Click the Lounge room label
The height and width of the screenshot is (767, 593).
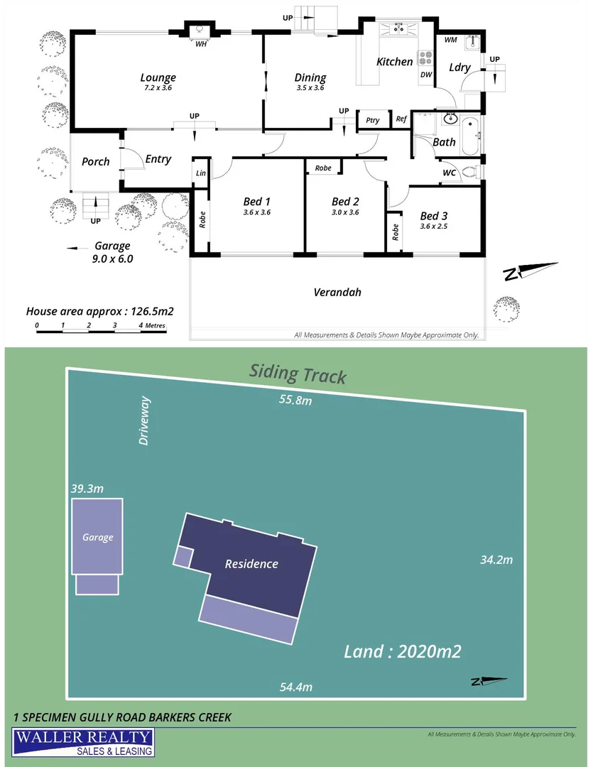click(x=158, y=78)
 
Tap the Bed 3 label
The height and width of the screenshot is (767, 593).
click(x=434, y=216)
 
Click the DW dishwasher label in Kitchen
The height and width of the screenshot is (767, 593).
click(x=426, y=75)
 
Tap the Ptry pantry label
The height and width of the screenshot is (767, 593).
click(x=373, y=120)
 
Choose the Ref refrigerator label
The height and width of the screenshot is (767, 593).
click(x=401, y=119)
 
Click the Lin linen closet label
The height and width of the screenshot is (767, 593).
click(x=201, y=173)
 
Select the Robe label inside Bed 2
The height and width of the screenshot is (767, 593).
click(x=323, y=168)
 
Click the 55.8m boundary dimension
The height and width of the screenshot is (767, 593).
click(x=295, y=401)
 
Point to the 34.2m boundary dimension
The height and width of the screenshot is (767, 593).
click(x=496, y=560)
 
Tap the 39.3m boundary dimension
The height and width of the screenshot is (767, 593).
click(x=87, y=489)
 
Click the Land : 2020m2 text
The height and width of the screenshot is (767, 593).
click(x=403, y=651)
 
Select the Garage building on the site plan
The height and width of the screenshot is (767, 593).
click(x=97, y=537)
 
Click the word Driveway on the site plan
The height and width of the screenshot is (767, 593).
click(x=145, y=421)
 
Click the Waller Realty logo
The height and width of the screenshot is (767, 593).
click(x=82, y=743)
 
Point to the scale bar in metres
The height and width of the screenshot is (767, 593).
click(x=101, y=326)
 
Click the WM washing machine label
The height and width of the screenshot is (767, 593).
click(x=450, y=40)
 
